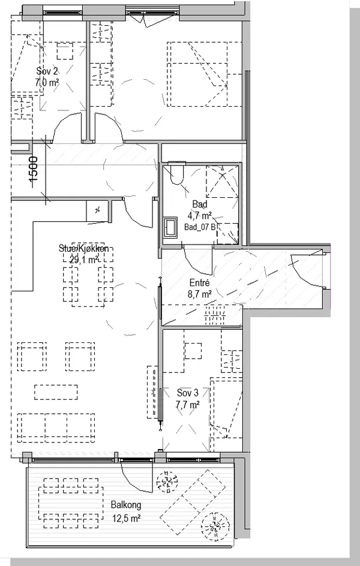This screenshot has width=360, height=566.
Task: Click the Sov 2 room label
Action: [47, 70]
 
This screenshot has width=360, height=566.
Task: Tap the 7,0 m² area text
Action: [47, 82]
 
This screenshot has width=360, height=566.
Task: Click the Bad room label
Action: [200, 204]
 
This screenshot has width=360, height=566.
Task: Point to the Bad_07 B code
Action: [200, 227]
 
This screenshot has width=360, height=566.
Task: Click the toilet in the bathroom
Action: [176, 173]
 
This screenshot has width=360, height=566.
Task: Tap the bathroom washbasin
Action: [170, 227]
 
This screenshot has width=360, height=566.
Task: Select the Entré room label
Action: [199, 283]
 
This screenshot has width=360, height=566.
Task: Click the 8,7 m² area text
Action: [199, 294]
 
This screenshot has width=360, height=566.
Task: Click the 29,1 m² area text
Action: [84, 259]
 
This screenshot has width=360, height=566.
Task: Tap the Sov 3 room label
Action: [188, 393]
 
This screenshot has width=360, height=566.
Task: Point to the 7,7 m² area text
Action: [188, 405]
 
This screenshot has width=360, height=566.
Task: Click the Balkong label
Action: [126, 505]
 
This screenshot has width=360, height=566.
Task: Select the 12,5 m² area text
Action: [126, 519]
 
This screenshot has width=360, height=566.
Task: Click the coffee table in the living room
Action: [56, 392]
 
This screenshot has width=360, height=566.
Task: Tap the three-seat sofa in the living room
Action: [56, 429]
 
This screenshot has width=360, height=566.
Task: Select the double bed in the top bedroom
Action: [204, 74]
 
